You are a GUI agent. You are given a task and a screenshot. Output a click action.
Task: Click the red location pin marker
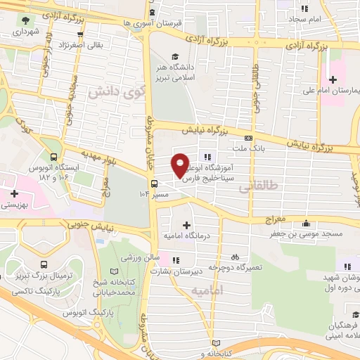pos(181,165)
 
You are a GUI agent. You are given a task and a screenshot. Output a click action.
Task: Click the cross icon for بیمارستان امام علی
pos(333,79)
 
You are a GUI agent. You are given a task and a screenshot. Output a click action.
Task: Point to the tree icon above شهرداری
pos(26,20)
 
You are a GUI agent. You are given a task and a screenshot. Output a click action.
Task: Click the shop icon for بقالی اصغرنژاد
pos(82,34)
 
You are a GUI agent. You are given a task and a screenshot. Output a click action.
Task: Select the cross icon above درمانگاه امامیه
pos(186,225)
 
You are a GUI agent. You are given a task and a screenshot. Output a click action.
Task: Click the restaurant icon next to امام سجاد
pos(304,9)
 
